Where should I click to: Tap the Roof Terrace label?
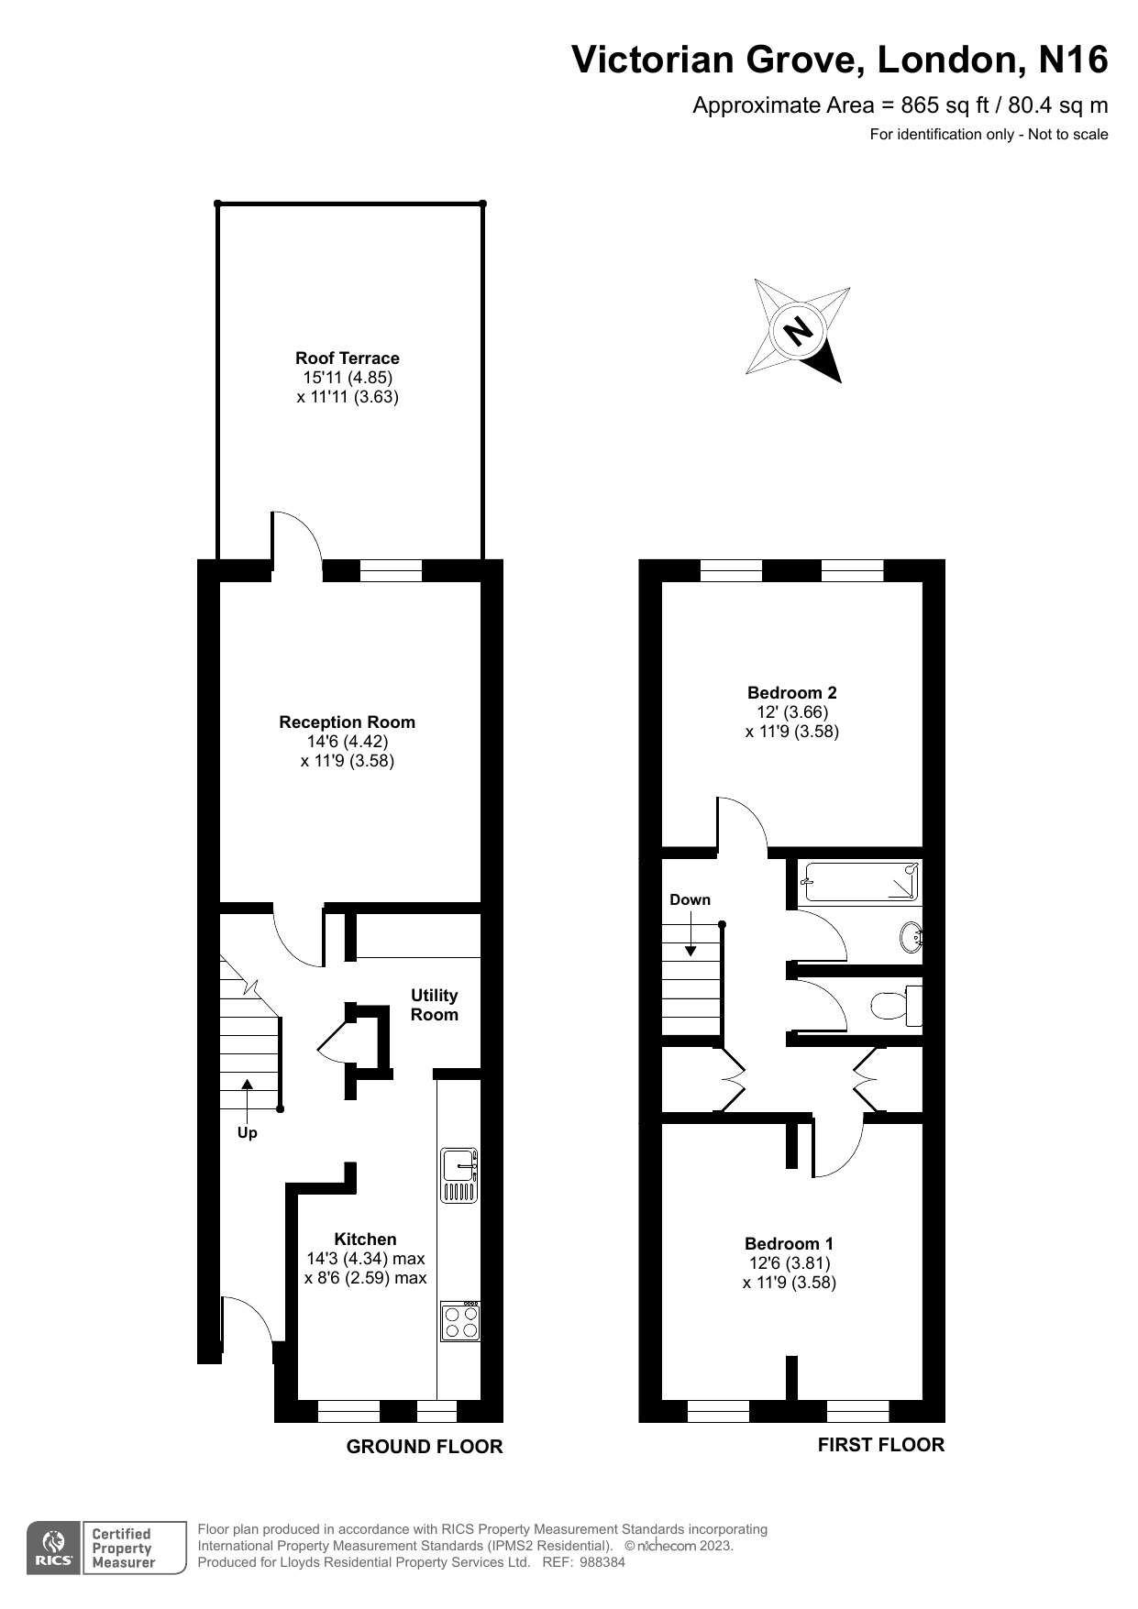coord(347,358)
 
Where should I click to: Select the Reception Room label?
coord(347,722)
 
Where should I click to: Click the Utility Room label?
coord(434,1005)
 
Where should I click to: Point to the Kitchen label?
coord(365,1239)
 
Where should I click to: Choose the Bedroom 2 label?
coord(791,692)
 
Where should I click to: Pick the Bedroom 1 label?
coord(789,1243)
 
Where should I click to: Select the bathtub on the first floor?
coord(860,883)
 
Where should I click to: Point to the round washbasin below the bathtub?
coord(912,938)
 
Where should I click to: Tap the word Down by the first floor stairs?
coord(690,899)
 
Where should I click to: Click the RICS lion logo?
coord(54,1548)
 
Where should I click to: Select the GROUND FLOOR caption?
coord(424,1446)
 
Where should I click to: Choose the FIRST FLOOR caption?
coord(880,1444)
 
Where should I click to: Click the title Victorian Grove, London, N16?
coord(839,60)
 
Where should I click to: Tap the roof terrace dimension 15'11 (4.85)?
coord(347,377)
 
